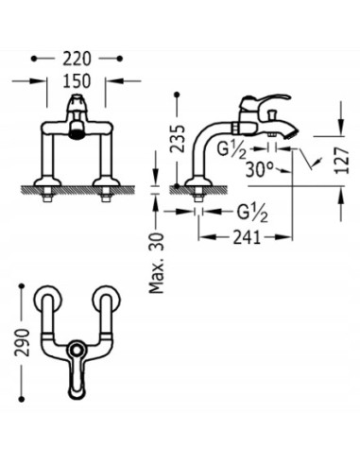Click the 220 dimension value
(x=77, y=59)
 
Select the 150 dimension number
(x=77, y=81)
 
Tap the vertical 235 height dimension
(x=178, y=138)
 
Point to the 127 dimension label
(x=342, y=160)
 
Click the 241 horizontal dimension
(x=247, y=237)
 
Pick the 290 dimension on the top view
(x=22, y=342)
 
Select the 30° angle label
(x=259, y=169)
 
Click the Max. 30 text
(x=157, y=263)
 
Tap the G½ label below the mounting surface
(x=252, y=213)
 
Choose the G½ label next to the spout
(x=231, y=149)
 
